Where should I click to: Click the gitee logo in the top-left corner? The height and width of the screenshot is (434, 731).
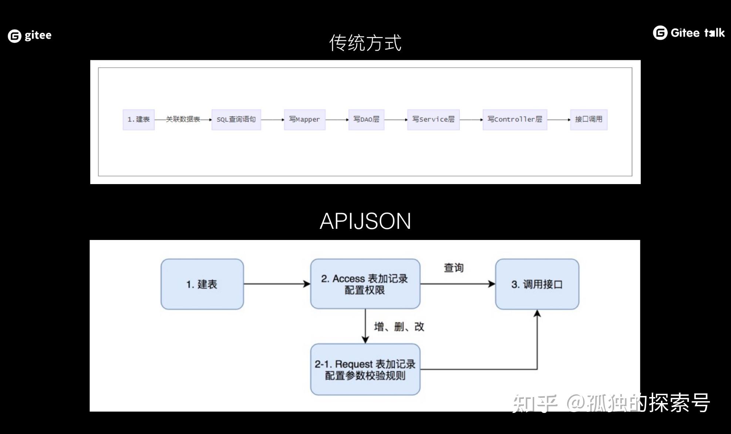(30, 35)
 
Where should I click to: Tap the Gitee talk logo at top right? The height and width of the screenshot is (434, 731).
(688, 33)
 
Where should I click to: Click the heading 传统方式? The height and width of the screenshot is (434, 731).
(365, 43)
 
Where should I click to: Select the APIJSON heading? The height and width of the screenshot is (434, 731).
(365, 221)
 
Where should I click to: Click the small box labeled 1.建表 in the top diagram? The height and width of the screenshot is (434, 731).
(138, 119)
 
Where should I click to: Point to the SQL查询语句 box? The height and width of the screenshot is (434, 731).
(236, 119)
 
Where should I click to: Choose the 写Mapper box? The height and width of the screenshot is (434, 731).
(304, 119)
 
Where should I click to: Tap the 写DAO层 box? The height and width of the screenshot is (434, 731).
(366, 119)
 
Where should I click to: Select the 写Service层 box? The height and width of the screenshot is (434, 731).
(433, 119)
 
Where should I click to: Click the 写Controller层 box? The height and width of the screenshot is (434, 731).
(515, 119)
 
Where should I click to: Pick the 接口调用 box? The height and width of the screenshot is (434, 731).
(589, 119)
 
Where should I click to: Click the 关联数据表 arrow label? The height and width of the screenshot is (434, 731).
(183, 119)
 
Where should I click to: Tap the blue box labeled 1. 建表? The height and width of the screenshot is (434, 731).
(202, 284)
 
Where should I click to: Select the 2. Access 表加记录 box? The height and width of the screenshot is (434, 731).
(365, 284)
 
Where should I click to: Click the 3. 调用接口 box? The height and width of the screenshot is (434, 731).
(537, 284)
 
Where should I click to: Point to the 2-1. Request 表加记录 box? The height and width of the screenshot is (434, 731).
(365, 369)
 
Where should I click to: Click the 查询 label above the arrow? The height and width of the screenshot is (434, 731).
(454, 268)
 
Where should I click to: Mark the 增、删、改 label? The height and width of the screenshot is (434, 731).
(399, 327)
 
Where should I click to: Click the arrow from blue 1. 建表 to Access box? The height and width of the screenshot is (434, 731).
(277, 284)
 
